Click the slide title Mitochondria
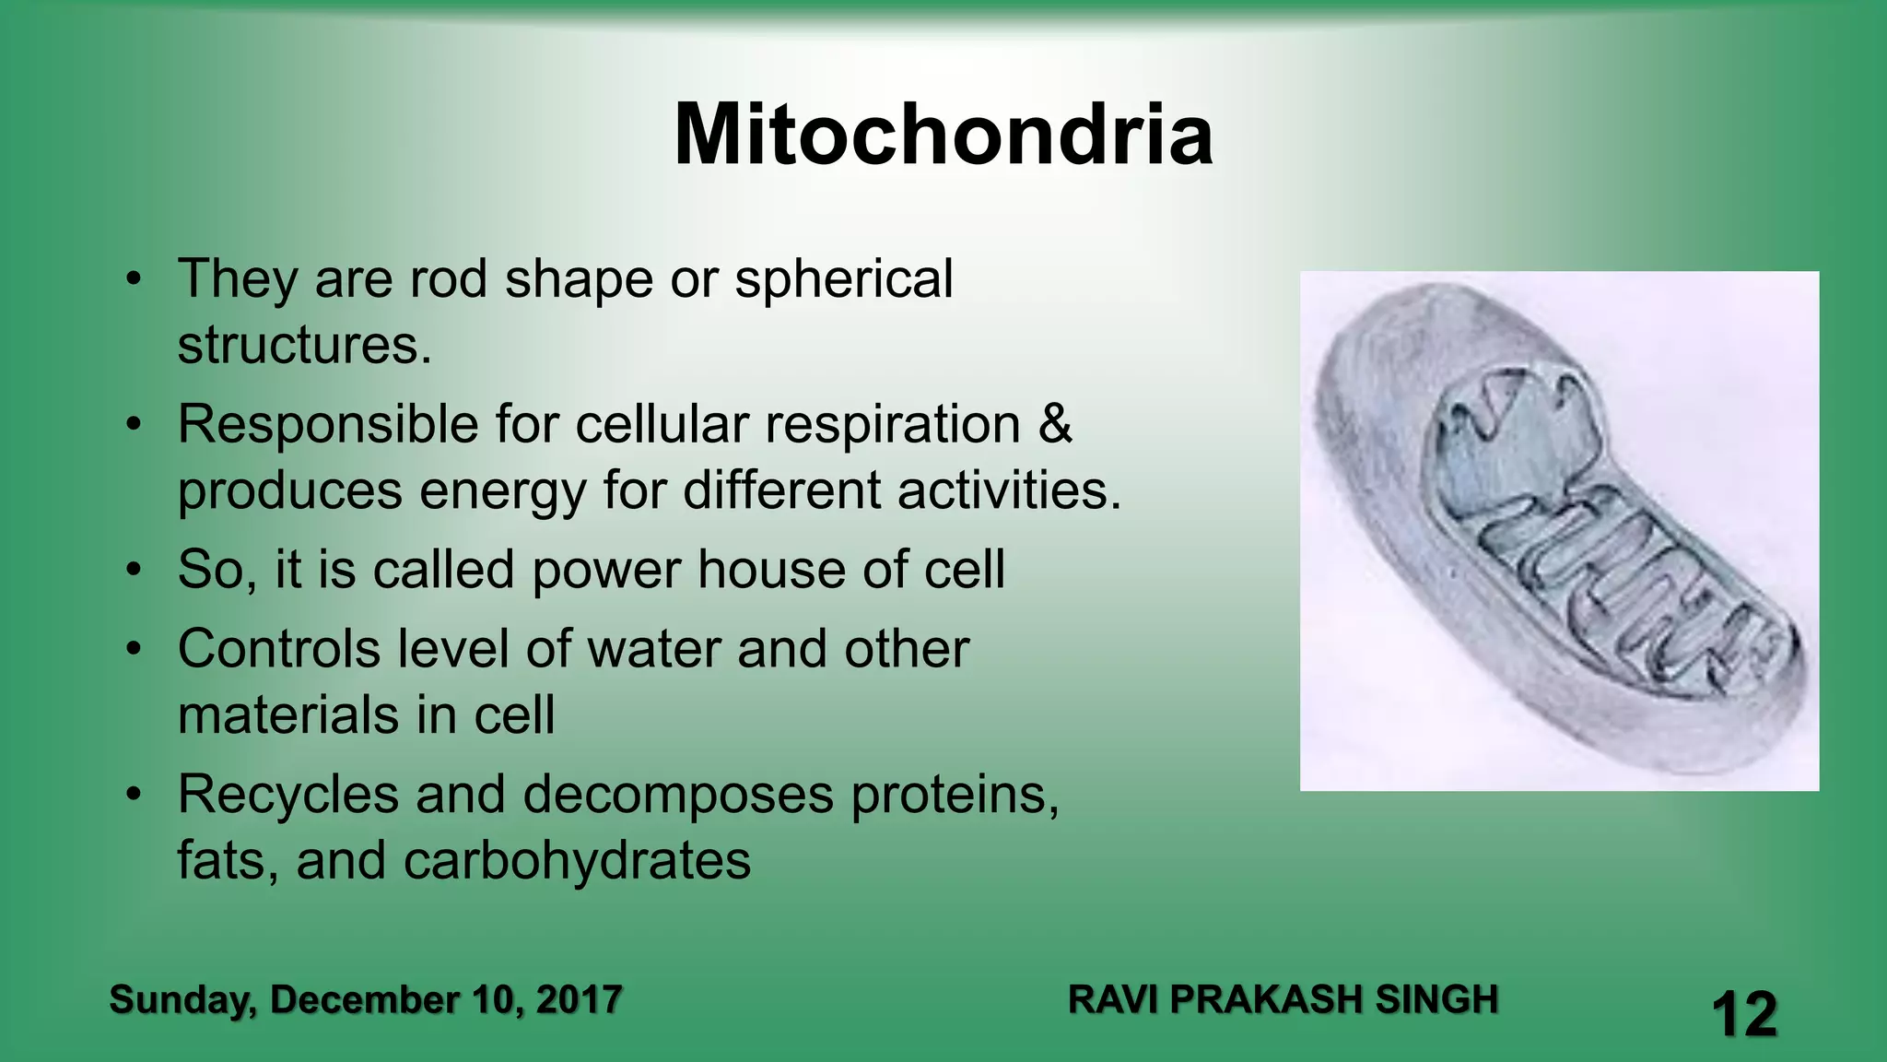(943, 136)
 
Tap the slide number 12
(1743, 1015)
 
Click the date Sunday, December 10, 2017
(366, 1000)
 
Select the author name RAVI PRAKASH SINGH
(1283, 1000)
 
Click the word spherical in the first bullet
(843, 279)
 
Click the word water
(654, 649)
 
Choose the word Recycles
(288, 796)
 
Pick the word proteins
(954, 796)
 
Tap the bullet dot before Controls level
(135, 650)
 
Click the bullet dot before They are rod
(135, 279)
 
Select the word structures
(304, 346)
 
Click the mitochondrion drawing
(1559, 531)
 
